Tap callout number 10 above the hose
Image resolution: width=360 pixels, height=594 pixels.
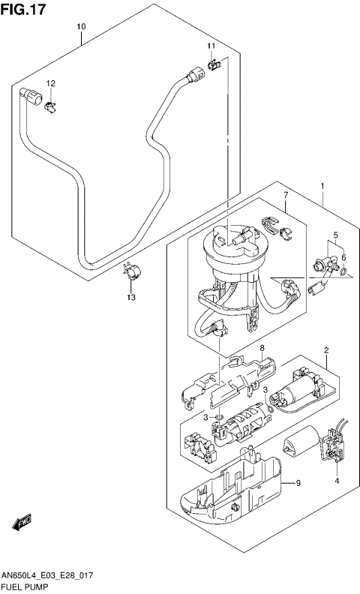pos(81,27)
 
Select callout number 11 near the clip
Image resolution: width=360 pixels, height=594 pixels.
pos(211,46)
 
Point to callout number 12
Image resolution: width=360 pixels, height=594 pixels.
pos(51,83)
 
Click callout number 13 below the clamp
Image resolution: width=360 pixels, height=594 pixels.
pos(130,298)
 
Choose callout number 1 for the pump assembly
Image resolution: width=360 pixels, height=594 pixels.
pos(322,185)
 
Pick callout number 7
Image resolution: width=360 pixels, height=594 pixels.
pos(286,196)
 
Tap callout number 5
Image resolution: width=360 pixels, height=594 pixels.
pos(335,235)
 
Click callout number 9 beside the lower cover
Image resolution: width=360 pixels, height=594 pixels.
pos(298,483)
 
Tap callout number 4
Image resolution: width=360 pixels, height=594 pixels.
pos(337,481)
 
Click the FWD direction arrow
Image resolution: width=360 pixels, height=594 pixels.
pos(23,520)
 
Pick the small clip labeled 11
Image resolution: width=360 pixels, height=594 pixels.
pos(214,65)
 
